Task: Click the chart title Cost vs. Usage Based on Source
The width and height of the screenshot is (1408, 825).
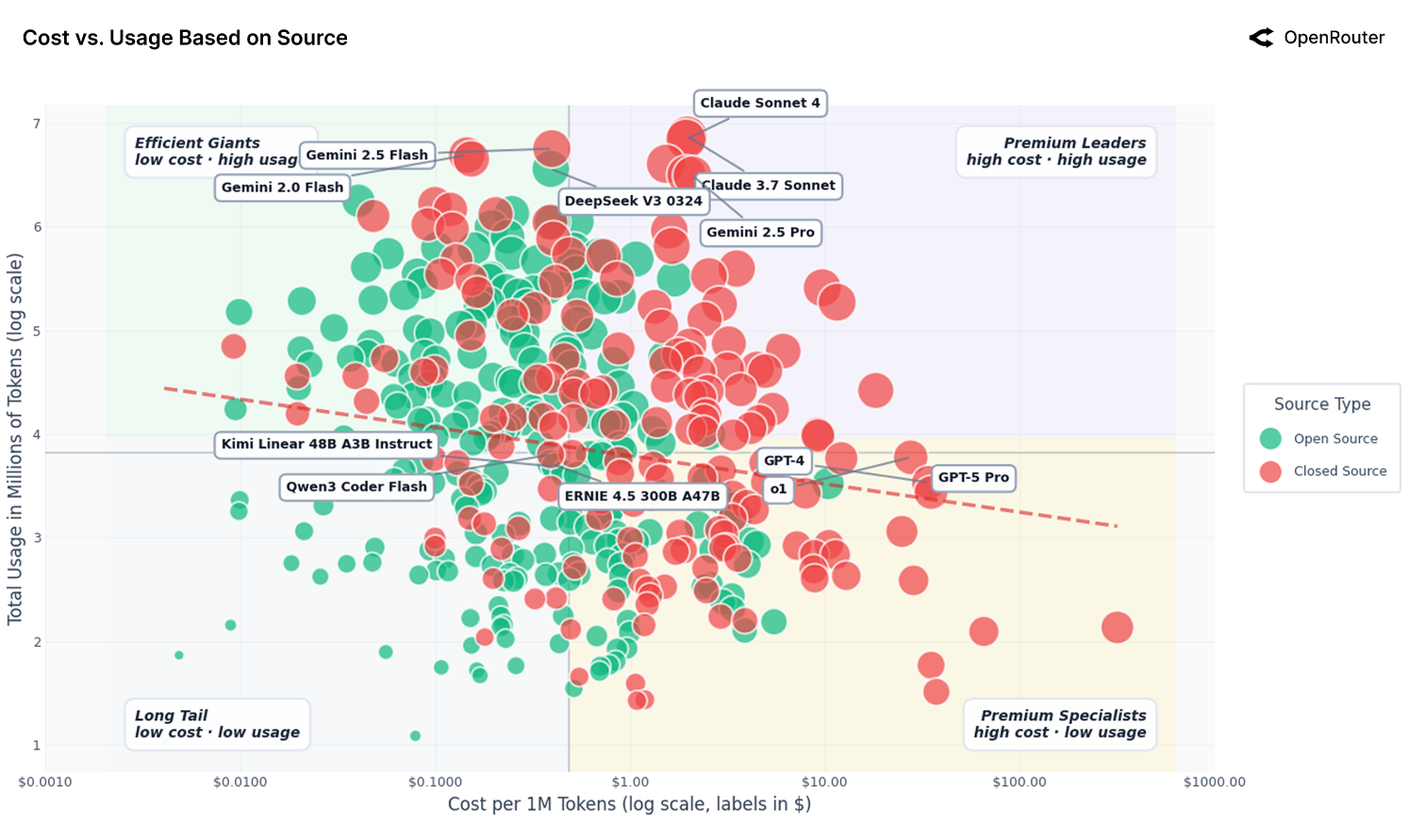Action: [x=185, y=38]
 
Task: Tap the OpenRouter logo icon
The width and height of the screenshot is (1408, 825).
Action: [x=1261, y=38]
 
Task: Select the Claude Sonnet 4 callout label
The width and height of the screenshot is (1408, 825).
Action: [x=759, y=103]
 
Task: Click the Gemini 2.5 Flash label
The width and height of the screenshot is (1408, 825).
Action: [x=367, y=155]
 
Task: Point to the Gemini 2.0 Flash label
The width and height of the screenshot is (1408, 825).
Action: [x=282, y=188]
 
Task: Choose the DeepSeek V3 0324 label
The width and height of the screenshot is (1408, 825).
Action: [x=633, y=201]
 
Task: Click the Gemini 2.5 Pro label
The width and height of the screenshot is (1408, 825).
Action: [x=760, y=232]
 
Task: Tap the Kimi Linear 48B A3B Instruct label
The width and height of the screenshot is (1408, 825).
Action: [x=326, y=444]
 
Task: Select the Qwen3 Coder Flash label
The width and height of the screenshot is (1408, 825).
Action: [x=356, y=487]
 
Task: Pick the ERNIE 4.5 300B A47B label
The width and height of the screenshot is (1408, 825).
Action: [x=642, y=496]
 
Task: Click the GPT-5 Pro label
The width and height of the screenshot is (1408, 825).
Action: [x=973, y=477]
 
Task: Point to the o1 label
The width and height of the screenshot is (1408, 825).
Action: [x=778, y=488]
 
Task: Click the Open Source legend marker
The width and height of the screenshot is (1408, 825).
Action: [x=1270, y=438]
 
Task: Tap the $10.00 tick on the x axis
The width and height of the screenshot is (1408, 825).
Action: [x=824, y=782]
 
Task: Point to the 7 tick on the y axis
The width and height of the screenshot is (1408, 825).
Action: [x=37, y=124]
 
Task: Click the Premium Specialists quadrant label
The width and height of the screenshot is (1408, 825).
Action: [x=1060, y=724]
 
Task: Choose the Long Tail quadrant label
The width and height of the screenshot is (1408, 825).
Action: [x=217, y=724]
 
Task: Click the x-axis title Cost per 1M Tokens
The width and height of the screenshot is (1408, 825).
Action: [x=629, y=804]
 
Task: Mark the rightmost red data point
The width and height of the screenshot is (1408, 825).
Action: [x=1117, y=627]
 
